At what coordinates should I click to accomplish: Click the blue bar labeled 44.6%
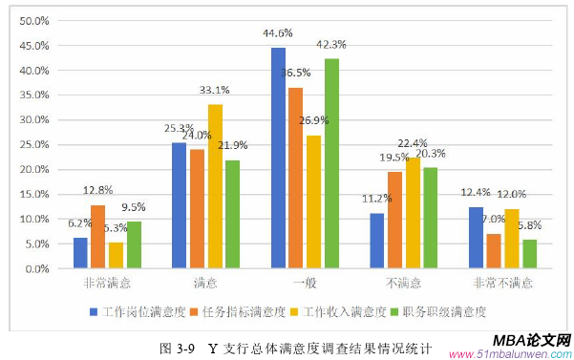[278, 158]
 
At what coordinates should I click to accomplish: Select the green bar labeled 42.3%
[331, 163]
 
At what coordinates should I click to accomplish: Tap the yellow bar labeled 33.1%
[215, 186]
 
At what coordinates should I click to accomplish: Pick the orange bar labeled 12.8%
[97, 237]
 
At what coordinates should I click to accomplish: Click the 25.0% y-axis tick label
[34, 144]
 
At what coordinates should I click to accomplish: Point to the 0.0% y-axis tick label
[36, 268]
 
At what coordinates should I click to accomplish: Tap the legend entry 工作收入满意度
[347, 311]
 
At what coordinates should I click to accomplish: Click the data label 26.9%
[314, 122]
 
